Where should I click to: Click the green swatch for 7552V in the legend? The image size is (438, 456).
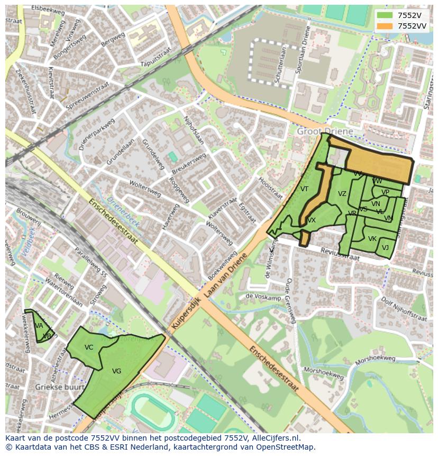[x=385, y=15]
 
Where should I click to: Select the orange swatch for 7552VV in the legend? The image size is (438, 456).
[x=385, y=26]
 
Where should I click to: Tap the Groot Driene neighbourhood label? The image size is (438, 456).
[x=325, y=131]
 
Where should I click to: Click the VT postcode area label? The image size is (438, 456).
[x=304, y=189]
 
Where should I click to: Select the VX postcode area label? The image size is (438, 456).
[x=312, y=220]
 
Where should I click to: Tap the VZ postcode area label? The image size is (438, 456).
[x=342, y=194]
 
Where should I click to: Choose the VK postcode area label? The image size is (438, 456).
[x=372, y=239]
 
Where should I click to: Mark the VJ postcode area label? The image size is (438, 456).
[x=385, y=248]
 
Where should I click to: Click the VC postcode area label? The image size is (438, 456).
[x=89, y=347]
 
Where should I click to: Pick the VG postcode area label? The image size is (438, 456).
[x=117, y=371]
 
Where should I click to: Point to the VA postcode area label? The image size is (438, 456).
[x=39, y=326]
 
